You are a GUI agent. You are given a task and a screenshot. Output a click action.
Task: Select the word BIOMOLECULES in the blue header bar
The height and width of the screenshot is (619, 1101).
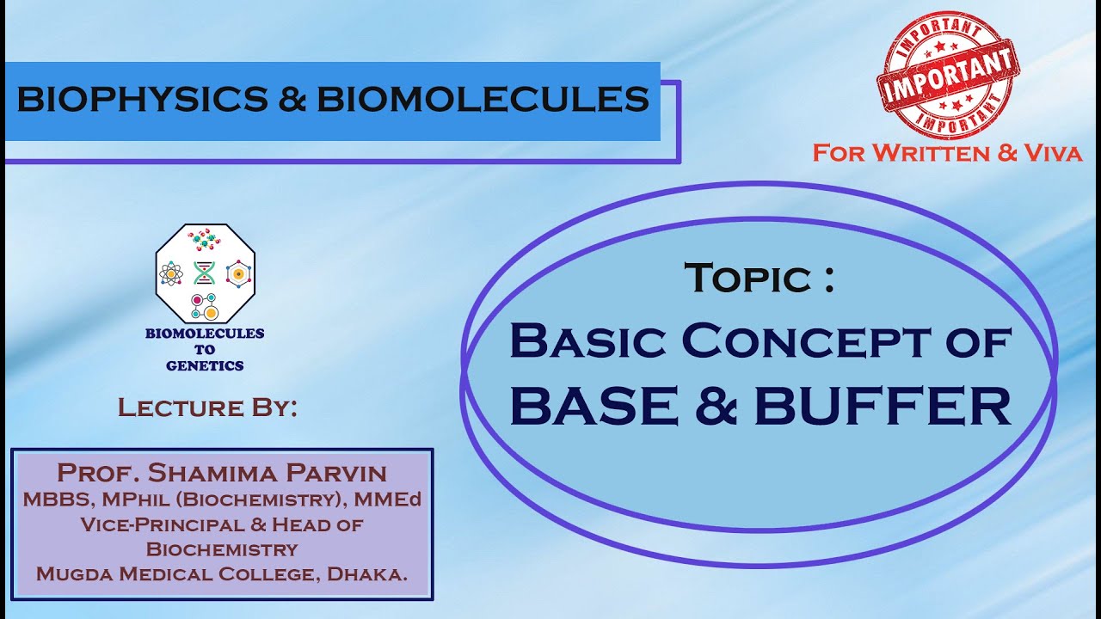tap(483, 100)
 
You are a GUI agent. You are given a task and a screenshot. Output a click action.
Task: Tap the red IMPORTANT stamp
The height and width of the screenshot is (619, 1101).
tap(946, 76)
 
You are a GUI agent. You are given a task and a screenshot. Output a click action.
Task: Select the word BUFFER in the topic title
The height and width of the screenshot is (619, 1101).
tap(883, 407)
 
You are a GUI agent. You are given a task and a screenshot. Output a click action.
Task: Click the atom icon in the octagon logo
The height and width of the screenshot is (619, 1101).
tap(172, 273)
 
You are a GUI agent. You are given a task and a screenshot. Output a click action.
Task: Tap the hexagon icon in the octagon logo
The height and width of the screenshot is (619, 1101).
tap(236, 273)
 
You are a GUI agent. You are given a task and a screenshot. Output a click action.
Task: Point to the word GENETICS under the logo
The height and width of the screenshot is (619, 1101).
tap(205, 365)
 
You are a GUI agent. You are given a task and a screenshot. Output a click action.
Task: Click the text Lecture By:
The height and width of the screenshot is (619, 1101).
tap(207, 408)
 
